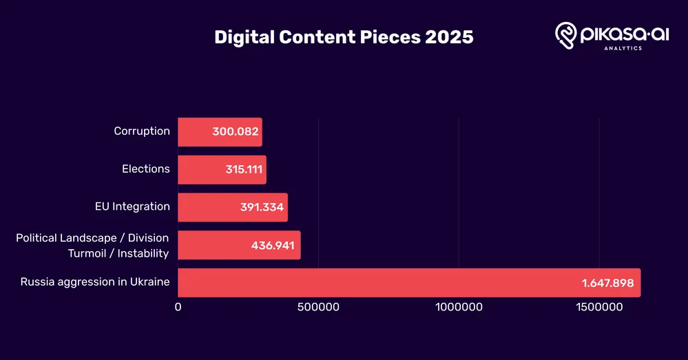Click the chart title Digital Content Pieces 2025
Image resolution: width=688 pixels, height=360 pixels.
coord(344,37)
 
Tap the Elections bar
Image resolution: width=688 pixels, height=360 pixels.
coord(200,169)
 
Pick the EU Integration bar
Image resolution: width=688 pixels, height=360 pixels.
coord(207,207)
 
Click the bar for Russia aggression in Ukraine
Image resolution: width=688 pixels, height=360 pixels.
coord(379,283)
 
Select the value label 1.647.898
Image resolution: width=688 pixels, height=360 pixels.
coord(605,284)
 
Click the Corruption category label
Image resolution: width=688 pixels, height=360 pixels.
coord(142,131)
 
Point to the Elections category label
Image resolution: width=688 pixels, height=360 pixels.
coord(146,169)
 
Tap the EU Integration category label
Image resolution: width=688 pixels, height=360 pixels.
coord(132,207)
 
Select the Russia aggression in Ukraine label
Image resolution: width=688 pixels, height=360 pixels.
coord(95,282)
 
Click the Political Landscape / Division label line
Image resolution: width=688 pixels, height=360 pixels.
coord(92,238)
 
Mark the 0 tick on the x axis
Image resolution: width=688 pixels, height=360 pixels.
coord(178,307)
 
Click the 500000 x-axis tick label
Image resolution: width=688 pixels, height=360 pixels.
coord(318,307)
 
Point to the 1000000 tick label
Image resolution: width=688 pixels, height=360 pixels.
coord(459,307)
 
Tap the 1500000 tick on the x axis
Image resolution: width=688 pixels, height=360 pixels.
coord(598,307)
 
